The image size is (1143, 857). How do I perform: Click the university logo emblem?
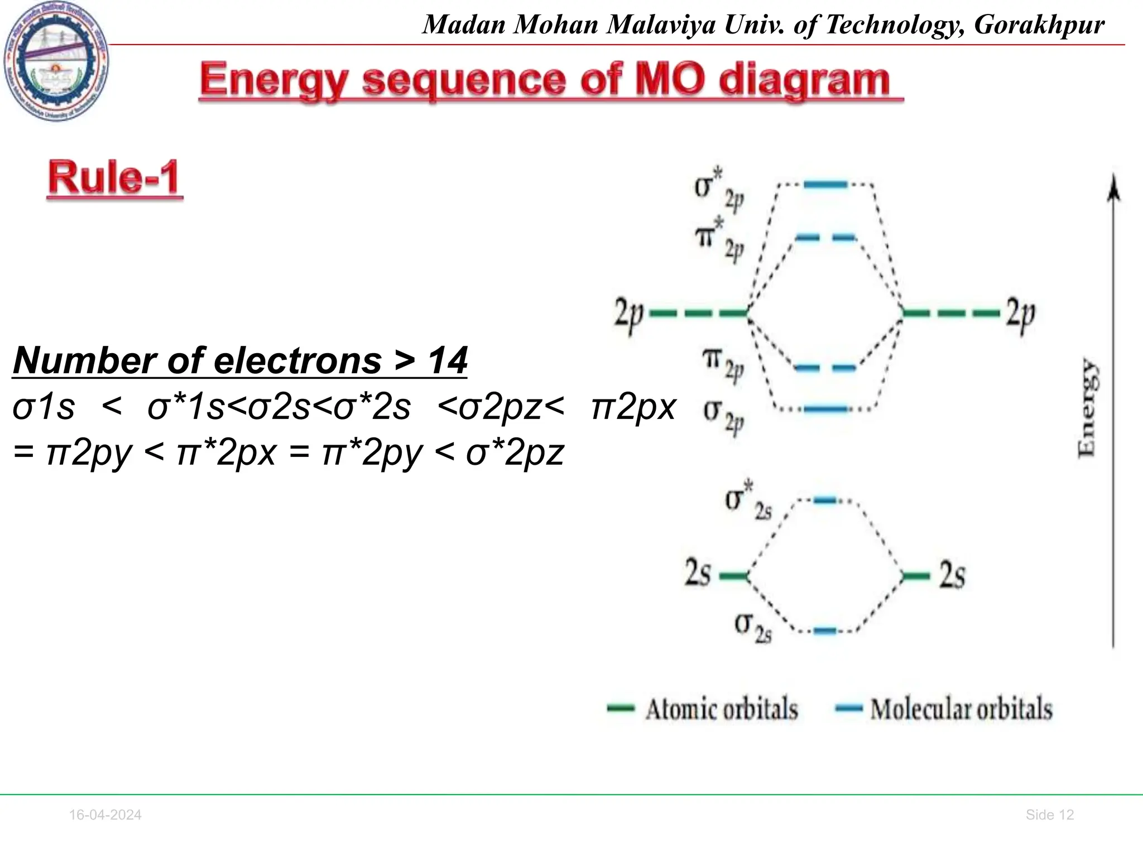click(56, 61)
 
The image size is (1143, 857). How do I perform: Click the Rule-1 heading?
click(115, 178)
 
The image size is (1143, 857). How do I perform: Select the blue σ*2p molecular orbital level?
click(825, 184)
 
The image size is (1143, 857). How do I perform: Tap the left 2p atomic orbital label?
click(629, 314)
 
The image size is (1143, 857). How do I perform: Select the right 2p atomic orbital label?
click(1021, 314)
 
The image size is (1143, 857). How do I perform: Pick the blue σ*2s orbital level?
click(825, 500)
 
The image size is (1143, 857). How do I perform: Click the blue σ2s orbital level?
click(825, 631)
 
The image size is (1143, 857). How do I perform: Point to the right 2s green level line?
click(916, 576)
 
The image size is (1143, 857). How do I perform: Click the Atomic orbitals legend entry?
click(721, 709)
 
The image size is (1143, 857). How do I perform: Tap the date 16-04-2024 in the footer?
click(105, 815)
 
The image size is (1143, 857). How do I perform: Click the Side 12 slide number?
click(1049, 815)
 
